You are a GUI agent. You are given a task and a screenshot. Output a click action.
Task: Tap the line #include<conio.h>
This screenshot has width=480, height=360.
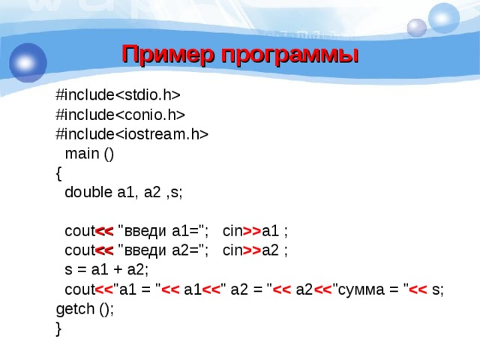[x=121, y=114]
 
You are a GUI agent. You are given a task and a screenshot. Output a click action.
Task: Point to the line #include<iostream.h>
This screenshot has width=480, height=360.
[x=132, y=133]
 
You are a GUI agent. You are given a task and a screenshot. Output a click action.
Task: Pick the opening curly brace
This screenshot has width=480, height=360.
[x=59, y=172]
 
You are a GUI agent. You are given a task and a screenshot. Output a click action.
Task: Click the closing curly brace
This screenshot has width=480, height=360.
[x=59, y=328]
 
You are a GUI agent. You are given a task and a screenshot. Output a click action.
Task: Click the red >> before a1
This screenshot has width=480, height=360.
[x=251, y=231]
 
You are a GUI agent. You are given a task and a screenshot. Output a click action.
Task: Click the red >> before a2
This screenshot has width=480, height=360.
[x=251, y=250]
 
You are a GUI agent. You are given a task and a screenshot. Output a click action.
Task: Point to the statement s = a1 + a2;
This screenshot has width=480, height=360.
[x=106, y=270]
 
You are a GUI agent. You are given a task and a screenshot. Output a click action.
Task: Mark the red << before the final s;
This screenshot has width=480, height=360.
[x=418, y=289]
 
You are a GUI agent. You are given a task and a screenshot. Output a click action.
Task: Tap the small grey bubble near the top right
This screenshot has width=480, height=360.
[x=416, y=28]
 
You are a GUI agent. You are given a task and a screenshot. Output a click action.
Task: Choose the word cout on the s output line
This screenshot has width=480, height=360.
[x=78, y=289]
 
